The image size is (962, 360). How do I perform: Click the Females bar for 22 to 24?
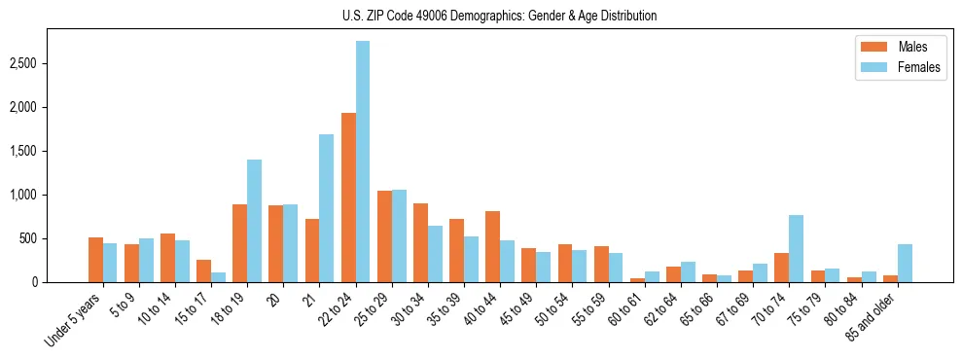(363, 162)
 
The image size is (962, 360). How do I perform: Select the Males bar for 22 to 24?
(348, 198)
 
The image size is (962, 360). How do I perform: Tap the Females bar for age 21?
(327, 208)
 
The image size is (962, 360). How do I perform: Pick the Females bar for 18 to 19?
(254, 221)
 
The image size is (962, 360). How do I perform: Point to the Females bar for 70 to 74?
(796, 248)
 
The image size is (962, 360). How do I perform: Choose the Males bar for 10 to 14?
(167, 258)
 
